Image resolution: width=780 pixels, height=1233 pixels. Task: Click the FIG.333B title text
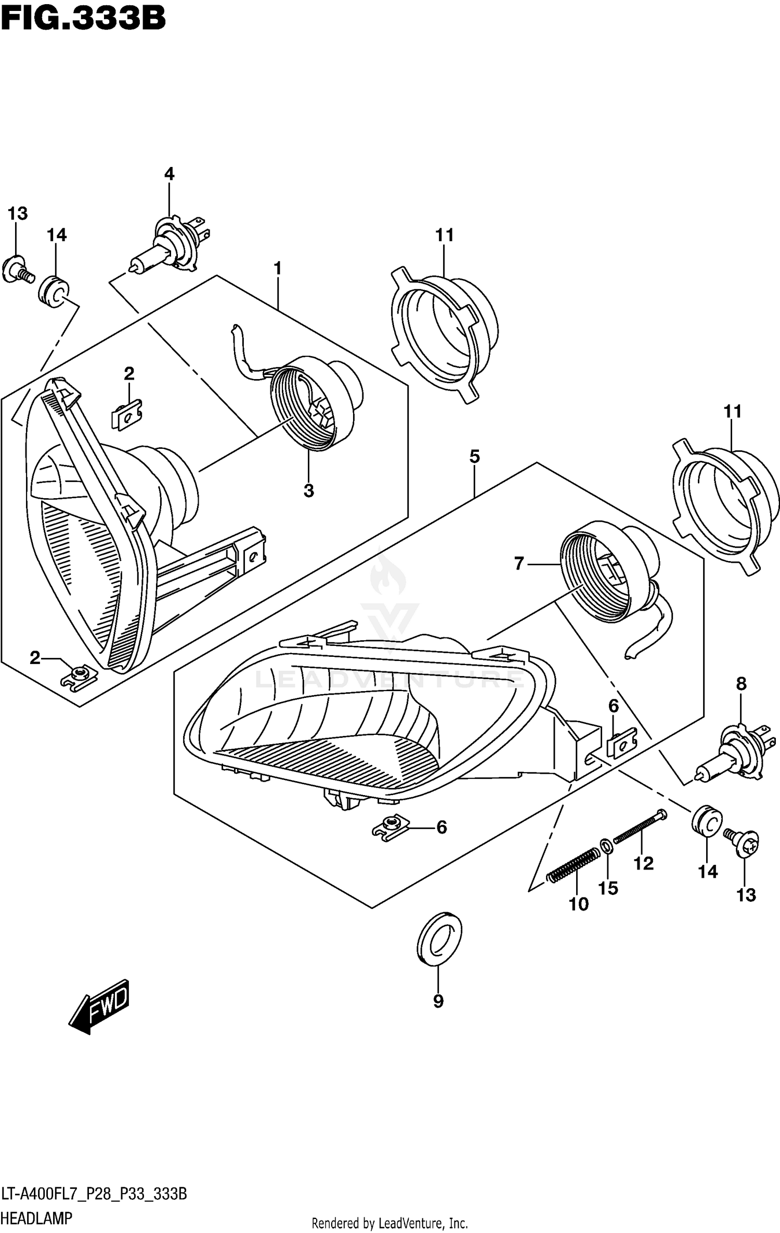[83, 19]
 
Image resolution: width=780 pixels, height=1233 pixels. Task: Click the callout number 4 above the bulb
[169, 174]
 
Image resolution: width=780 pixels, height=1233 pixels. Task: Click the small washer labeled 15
[606, 846]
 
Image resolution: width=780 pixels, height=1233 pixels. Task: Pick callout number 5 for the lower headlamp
[474, 457]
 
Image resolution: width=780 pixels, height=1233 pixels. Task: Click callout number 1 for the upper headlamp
[278, 268]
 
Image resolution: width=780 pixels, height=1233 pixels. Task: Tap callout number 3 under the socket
[308, 490]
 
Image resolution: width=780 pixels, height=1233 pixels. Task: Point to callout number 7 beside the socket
[518, 563]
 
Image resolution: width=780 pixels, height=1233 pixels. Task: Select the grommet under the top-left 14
[54, 292]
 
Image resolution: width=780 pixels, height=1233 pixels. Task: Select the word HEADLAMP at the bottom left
[36, 1218]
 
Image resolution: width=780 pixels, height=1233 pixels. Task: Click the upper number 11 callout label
[445, 235]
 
